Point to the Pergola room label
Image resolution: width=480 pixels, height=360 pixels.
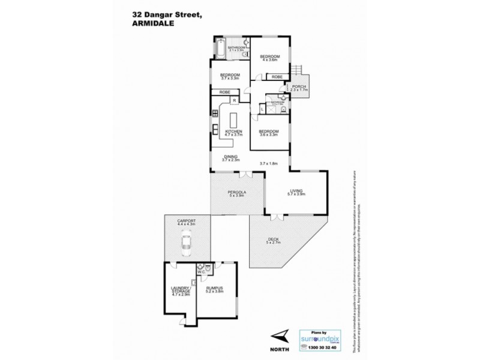tap(229, 193)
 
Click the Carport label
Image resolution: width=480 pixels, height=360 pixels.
tap(187, 221)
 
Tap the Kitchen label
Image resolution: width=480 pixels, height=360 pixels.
tap(234, 133)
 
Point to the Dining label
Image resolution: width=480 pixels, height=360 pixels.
tap(231, 158)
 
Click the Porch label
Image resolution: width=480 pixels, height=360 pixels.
tap(298, 88)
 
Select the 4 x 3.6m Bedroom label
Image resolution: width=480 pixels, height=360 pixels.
tap(268, 58)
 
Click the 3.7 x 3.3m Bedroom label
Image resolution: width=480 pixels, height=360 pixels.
tap(230, 76)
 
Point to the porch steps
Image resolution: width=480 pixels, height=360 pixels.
tap(297, 70)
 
